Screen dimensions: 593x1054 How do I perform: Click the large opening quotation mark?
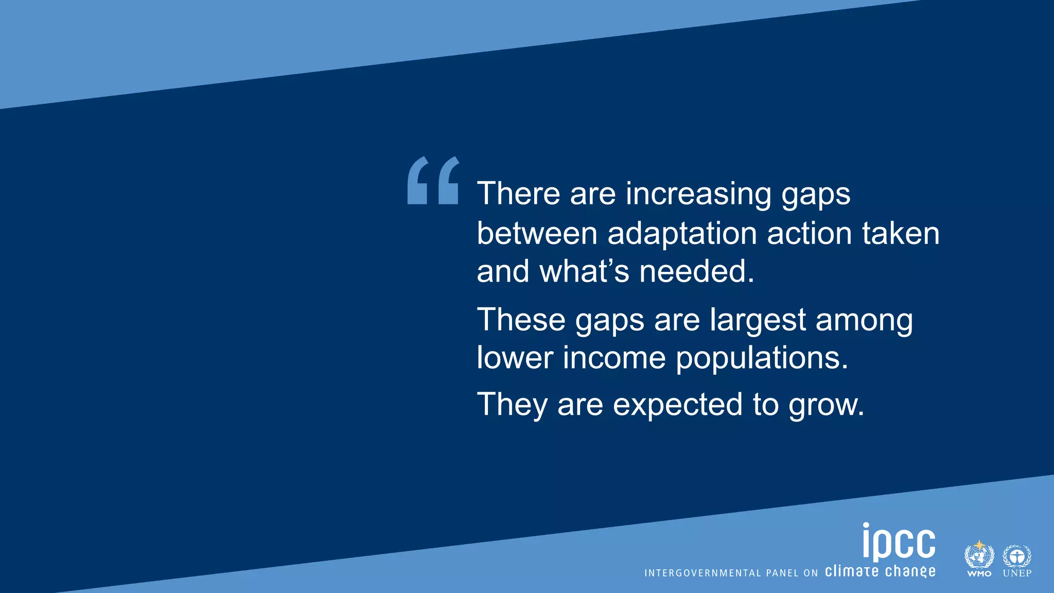[x=433, y=181]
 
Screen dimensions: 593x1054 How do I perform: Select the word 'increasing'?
[x=698, y=195]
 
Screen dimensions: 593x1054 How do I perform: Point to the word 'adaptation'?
[x=682, y=234]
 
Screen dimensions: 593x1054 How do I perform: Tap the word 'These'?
[x=521, y=320]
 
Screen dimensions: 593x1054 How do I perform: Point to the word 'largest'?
[x=758, y=321]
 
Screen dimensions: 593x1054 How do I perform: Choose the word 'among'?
[x=864, y=321]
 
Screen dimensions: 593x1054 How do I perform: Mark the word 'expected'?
[x=678, y=405]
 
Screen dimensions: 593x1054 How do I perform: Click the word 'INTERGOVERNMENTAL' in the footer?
[x=702, y=573]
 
